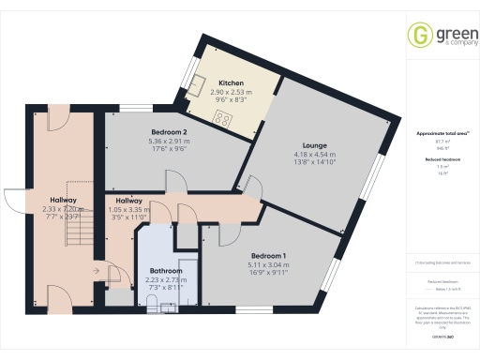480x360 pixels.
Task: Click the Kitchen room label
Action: tap(231, 82)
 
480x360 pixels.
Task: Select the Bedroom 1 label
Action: tap(268, 255)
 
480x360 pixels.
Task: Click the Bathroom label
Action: tap(165, 271)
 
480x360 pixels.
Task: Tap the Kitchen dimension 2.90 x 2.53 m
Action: tap(231, 92)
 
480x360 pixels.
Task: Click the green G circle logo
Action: tap(417, 36)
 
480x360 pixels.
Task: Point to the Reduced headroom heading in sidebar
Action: tap(442, 159)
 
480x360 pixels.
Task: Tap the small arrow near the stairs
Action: tap(96, 273)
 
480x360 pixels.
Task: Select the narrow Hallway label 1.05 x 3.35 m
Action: tap(129, 206)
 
